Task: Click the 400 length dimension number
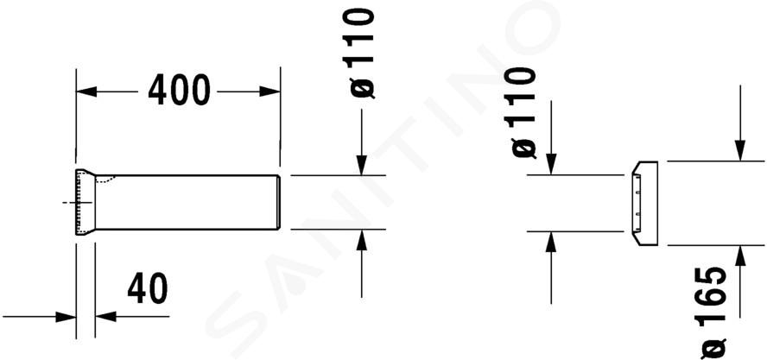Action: point(179,91)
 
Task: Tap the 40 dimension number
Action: point(147,288)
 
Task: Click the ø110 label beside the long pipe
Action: point(359,54)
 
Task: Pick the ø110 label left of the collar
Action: point(521,112)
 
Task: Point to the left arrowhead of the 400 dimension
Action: point(86,92)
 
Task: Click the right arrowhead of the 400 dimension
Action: point(269,92)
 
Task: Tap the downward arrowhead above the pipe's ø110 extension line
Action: point(362,165)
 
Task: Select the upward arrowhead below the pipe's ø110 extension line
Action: point(362,240)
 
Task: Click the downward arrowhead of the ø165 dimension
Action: point(740,150)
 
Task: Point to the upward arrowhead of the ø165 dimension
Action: point(740,256)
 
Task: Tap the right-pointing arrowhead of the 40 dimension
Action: point(66,317)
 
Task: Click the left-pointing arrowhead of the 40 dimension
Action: point(105,317)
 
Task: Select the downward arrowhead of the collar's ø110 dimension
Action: point(551,164)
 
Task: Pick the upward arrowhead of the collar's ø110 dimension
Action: point(551,242)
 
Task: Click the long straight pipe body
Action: point(186,202)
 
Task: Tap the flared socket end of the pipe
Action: point(86,202)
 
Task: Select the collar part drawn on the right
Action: point(644,203)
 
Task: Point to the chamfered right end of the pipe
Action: point(279,202)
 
